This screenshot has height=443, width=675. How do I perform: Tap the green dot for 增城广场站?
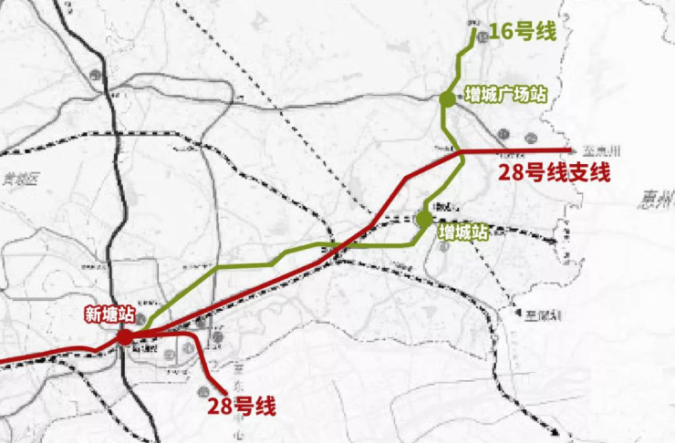point(446,98)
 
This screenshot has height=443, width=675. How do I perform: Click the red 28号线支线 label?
point(554,173)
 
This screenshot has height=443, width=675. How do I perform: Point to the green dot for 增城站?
point(423,219)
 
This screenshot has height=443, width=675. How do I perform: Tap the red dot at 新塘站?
point(125,338)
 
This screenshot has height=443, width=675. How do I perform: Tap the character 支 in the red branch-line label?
point(577,173)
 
